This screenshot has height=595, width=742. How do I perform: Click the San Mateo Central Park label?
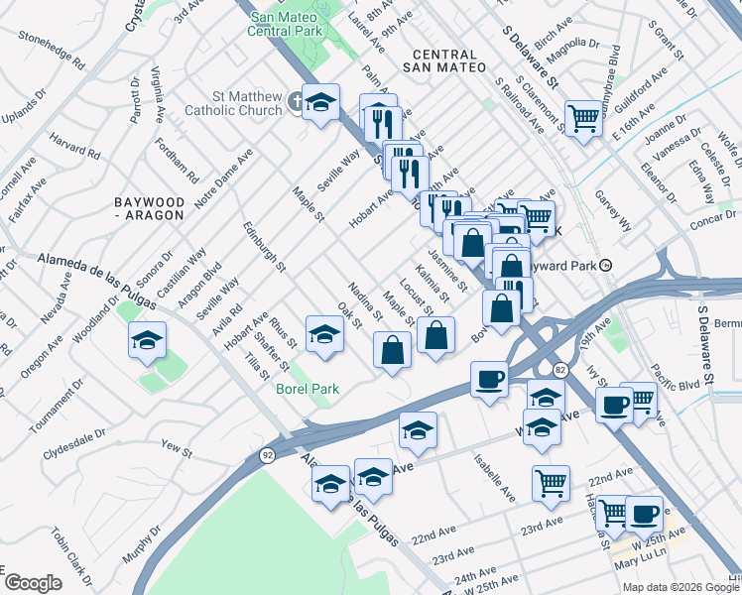(x=289, y=24)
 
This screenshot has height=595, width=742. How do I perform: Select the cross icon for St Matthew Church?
(x=296, y=102)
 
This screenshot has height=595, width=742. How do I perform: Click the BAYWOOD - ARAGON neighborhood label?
(x=149, y=207)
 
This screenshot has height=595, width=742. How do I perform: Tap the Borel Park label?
(x=307, y=389)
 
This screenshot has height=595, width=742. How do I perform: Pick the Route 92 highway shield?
(x=267, y=455)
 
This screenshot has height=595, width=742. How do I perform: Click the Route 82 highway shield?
(x=560, y=370)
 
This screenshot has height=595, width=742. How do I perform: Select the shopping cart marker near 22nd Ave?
(x=550, y=483)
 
